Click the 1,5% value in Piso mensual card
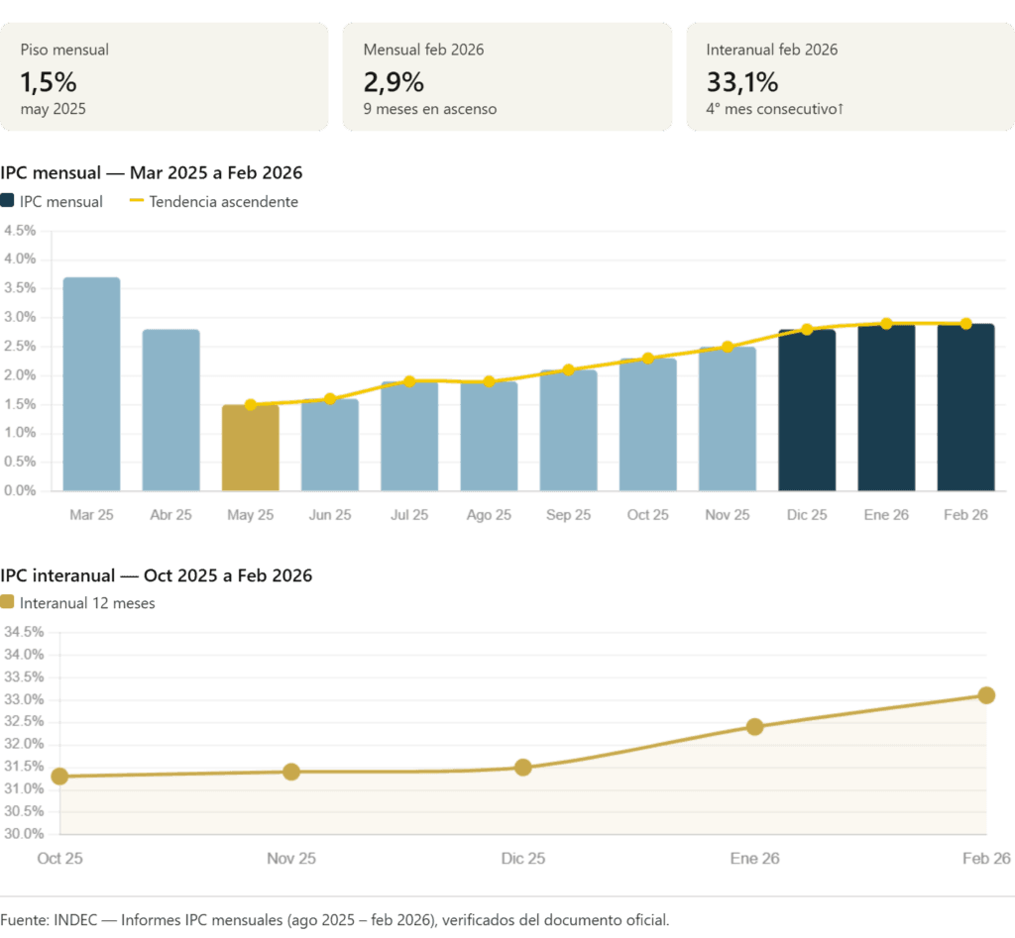coord(49,82)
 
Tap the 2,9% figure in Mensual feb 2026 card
coord(394,82)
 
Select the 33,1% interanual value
coord(742,82)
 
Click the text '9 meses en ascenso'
coord(430,109)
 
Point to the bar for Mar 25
coord(91,384)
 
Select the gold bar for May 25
coord(250,448)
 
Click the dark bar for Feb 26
coord(965,407)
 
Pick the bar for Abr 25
coord(170,410)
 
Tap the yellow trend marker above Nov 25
coord(728,346)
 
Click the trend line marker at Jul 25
coord(409,380)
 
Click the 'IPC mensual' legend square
coord(8,202)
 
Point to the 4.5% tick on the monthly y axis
coord(20,231)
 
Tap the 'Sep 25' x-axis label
coord(568,515)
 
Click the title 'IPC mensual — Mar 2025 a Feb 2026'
coord(152,172)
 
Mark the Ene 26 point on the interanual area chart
coord(754,726)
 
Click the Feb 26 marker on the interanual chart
coord(986,694)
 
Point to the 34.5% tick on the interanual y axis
coord(25,632)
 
